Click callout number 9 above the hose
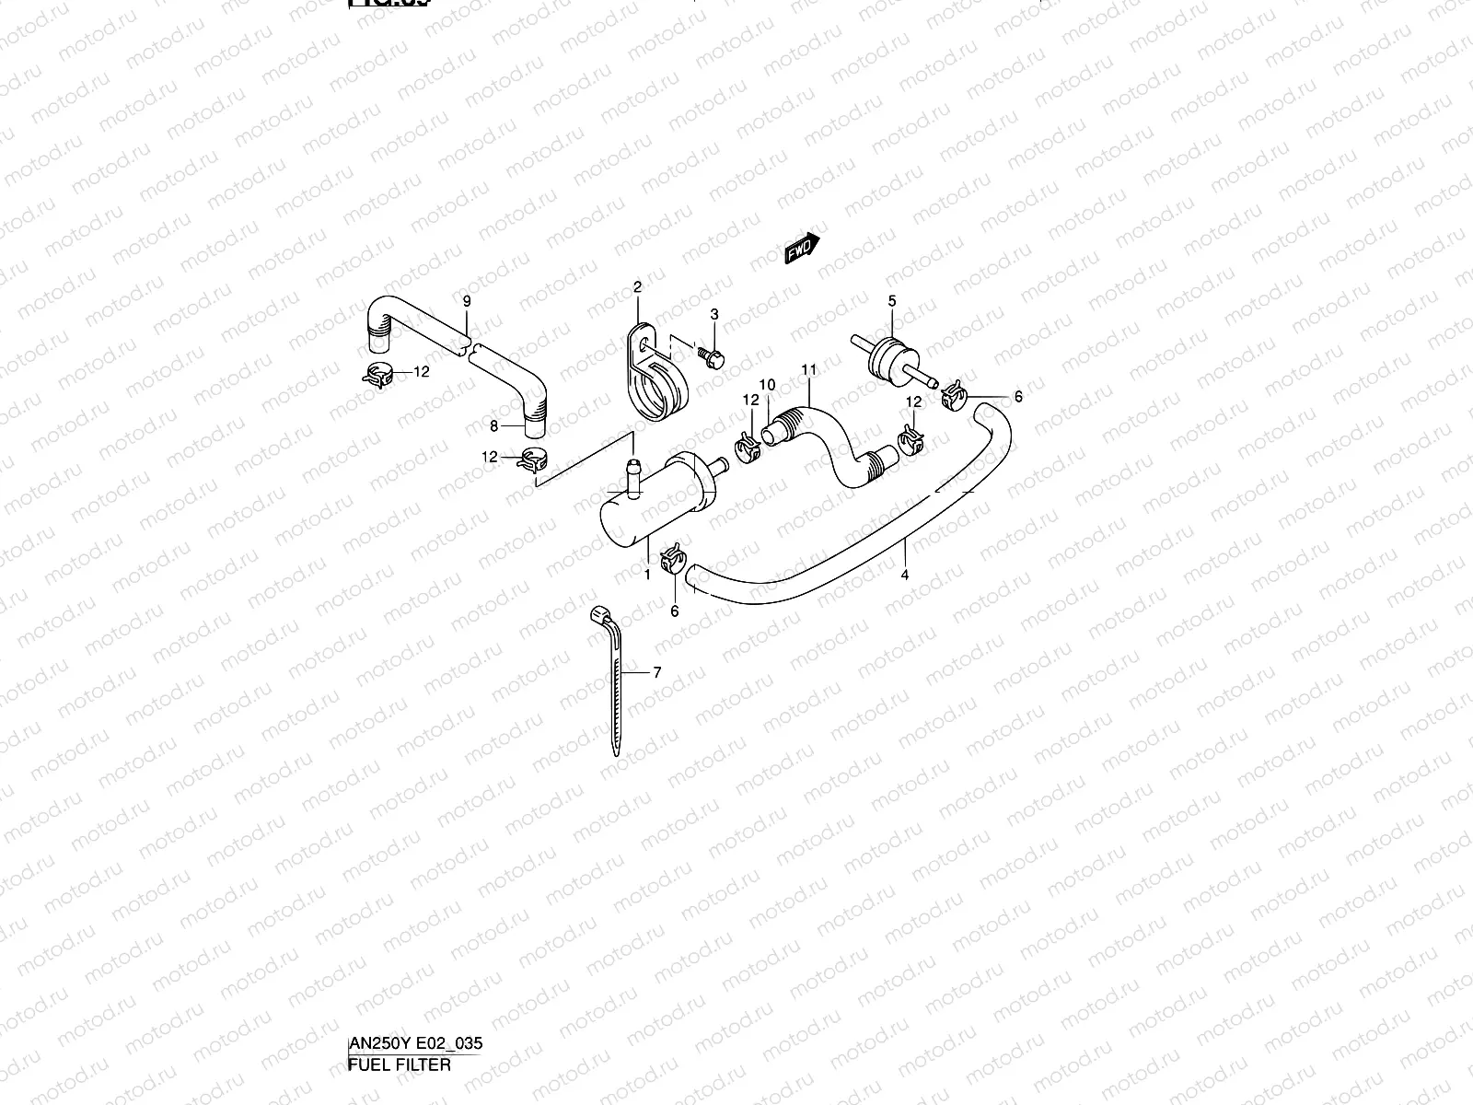click(x=467, y=301)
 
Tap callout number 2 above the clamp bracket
click(x=636, y=288)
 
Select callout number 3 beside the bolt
click(x=713, y=315)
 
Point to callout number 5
click(x=891, y=300)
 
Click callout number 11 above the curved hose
click(x=808, y=370)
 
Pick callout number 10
click(x=767, y=385)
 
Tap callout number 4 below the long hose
click(x=905, y=575)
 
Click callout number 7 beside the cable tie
click(x=657, y=672)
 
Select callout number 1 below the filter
click(x=647, y=575)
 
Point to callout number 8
click(x=493, y=425)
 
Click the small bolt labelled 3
click(x=711, y=353)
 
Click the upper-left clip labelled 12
click(x=377, y=374)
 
